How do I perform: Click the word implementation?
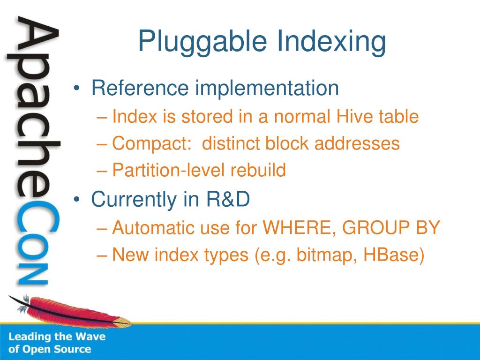[x=267, y=89]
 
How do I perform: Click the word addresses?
[x=357, y=143]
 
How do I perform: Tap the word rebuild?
[x=258, y=170]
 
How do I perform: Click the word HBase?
[x=394, y=255]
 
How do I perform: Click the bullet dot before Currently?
[x=76, y=200]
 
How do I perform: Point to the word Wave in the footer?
[x=90, y=337]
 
